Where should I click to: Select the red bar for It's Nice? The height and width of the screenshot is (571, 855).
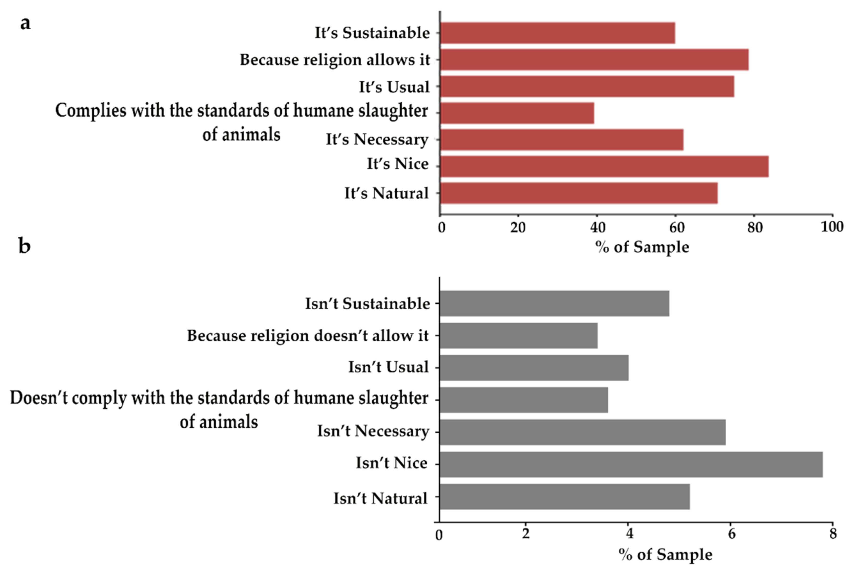pos(604,167)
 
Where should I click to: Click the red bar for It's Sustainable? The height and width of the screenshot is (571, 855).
pos(557,33)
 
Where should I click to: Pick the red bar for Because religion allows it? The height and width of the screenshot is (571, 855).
pos(594,59)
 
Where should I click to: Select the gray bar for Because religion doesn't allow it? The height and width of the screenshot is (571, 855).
pos(518,335)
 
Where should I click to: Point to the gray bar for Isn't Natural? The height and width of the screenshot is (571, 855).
pos(564,496)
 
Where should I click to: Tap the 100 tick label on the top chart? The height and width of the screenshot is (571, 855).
pos(832,227)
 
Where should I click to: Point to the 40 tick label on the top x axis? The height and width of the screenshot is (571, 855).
pos(597,228)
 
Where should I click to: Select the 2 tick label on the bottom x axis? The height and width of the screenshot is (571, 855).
pos(525,534)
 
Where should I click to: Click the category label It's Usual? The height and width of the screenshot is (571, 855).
pos(394,87)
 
